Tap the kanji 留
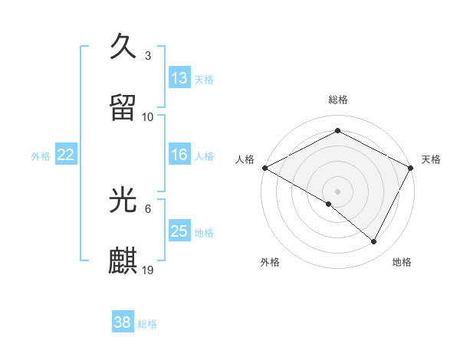124,107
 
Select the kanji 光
124,200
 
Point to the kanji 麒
124,260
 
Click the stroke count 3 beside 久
148,56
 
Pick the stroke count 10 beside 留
148,116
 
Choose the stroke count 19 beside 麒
149,270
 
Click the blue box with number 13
179,78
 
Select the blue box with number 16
179,155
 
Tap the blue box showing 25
179,231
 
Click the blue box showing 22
66,155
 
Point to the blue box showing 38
123,323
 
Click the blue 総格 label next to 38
147,324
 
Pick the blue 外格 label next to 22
41,155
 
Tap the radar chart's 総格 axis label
338,100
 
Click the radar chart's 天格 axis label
431,159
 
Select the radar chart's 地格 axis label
402,262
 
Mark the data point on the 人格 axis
264,168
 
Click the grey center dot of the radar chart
338,191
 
